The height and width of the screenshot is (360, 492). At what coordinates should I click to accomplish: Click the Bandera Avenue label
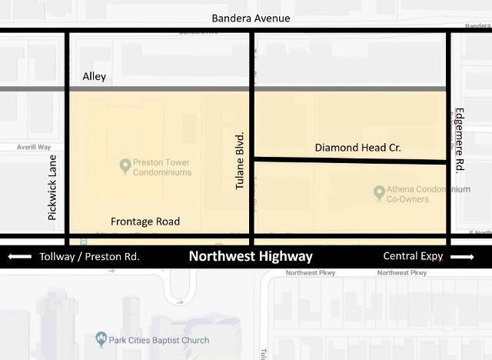point(251,18)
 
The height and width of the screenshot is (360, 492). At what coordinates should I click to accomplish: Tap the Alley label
point(94,76)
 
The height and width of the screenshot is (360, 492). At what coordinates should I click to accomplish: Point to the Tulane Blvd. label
point(239,161)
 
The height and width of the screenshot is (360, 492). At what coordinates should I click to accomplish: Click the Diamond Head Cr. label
point(359,147)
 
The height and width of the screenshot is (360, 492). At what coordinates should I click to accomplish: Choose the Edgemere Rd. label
point(459,139)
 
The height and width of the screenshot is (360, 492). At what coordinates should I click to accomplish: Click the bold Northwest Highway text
point(251,257)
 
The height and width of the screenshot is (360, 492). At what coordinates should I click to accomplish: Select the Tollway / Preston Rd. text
point(89,257)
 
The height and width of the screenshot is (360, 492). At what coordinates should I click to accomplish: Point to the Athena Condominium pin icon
point(379,191)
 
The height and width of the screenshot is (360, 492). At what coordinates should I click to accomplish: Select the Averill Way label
point(34,147)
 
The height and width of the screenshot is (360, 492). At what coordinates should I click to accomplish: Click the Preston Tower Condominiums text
point(162,167)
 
